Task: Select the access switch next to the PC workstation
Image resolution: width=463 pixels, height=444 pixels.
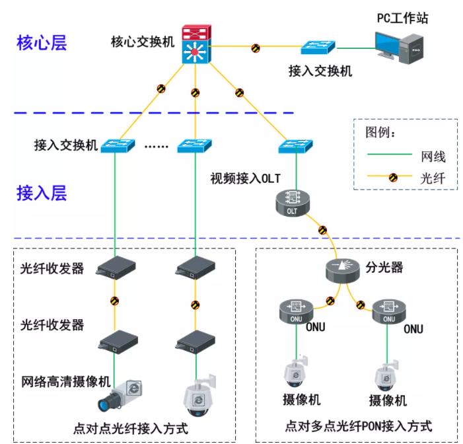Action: tap(318, 47)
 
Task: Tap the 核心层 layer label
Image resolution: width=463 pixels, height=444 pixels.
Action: tap(42, 44)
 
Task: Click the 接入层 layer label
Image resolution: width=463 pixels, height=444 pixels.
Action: tap(42, 193)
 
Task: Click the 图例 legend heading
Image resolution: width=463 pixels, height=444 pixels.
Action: tap(380, 131)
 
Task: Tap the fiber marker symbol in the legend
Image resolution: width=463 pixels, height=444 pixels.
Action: tap(392, 177)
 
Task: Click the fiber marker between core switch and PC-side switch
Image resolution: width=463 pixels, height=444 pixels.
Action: tap(255, 48)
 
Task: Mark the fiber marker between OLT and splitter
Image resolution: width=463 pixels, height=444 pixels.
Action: tap(322, 231)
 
